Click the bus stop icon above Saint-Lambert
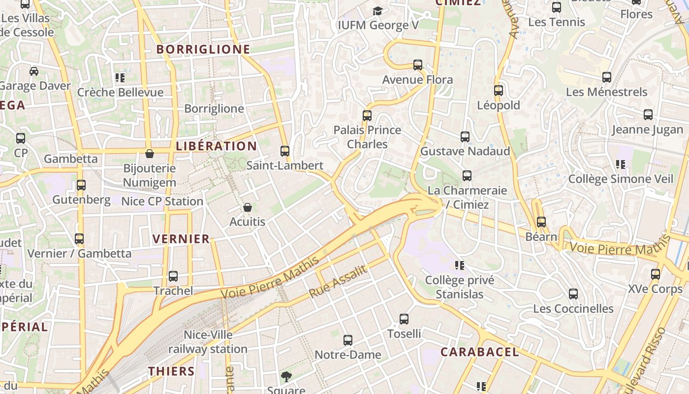[x=285, y=151]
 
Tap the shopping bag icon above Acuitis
[x=248, y=207]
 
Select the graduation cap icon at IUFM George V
[x=377, y=11]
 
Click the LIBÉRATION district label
[x=216, y=146]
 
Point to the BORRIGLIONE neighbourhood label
[x=203, y=49]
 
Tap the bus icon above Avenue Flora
[x=418, y=65]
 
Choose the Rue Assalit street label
[x=338, y=282]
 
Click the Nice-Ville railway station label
[x=208, y=342]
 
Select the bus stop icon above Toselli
[x=404, y=319]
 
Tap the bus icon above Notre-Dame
[x=348, y=340]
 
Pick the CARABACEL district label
[x=479, y=352]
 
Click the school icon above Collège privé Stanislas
[x=460, y=265]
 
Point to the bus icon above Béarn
[x=541, y=222]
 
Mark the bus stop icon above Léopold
[x=499, y=91]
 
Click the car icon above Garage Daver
[x=34, y=71]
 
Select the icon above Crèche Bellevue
[x=120, y=78]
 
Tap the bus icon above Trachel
[x=173, y=276]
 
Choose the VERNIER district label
[x=181, y=239]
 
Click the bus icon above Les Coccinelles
[x=573, y=294]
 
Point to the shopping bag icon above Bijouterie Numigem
[x=150, y=154]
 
